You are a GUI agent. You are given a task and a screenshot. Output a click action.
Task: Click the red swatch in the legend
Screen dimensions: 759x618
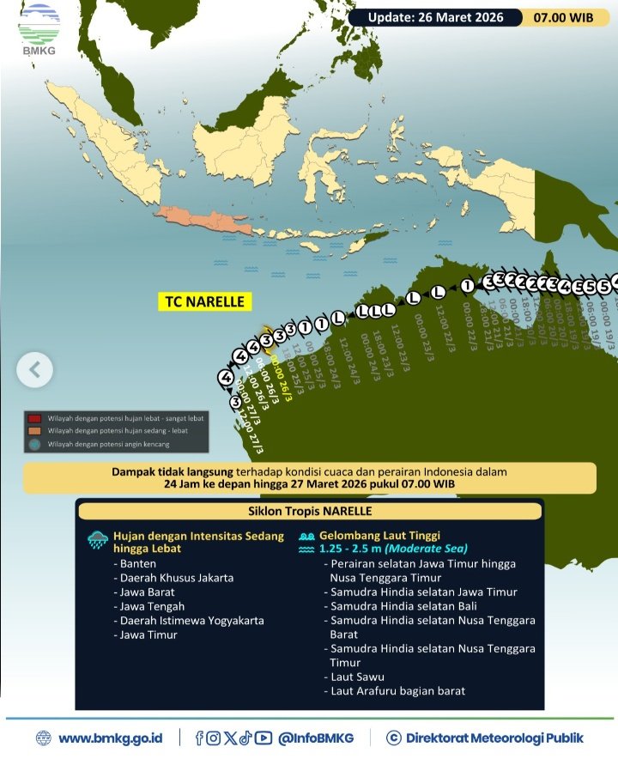tap(34, 416)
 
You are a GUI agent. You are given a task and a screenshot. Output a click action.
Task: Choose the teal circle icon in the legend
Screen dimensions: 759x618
tap(34, 444)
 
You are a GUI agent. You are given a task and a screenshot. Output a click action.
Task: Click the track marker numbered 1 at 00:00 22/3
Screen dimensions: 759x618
tap(467, 285)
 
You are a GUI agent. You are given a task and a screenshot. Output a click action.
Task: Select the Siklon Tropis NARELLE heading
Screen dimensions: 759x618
tap(309, 512)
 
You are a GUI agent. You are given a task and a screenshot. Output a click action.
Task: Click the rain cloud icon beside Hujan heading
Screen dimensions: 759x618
tap(97, 540)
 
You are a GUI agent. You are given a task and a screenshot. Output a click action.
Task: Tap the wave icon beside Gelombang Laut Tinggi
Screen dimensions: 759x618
tap(306, 541)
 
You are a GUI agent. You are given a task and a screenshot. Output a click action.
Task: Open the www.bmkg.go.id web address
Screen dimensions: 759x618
tap(114, 738)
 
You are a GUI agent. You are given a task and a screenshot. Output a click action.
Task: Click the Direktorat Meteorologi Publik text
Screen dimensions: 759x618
tap(494, 738)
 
